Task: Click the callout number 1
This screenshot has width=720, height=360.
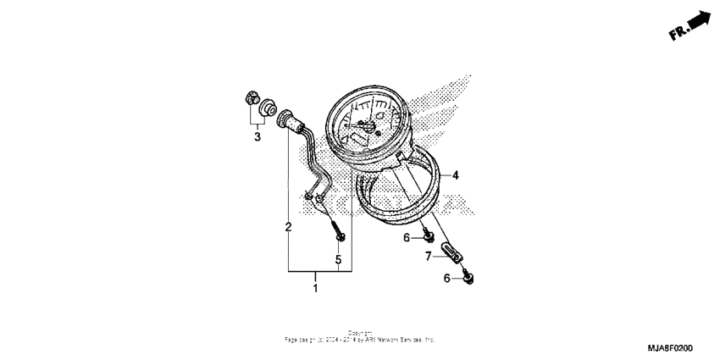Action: (315, 290)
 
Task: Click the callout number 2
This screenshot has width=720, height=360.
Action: (288, 227)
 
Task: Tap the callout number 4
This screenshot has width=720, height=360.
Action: (455, 175)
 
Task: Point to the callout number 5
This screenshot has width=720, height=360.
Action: (338, 259)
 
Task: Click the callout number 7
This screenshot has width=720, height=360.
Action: (429, 254)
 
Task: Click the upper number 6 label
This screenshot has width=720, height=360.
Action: (407, 237)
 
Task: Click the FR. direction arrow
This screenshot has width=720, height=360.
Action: (699, 18)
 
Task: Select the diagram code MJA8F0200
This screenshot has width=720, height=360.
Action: (670, 347)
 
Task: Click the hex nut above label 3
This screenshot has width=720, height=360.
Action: (250, 98)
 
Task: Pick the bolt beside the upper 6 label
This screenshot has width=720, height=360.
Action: (429, 235)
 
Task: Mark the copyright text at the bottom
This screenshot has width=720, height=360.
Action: (359, 336)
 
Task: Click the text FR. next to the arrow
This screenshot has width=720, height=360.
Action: (678, 33)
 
